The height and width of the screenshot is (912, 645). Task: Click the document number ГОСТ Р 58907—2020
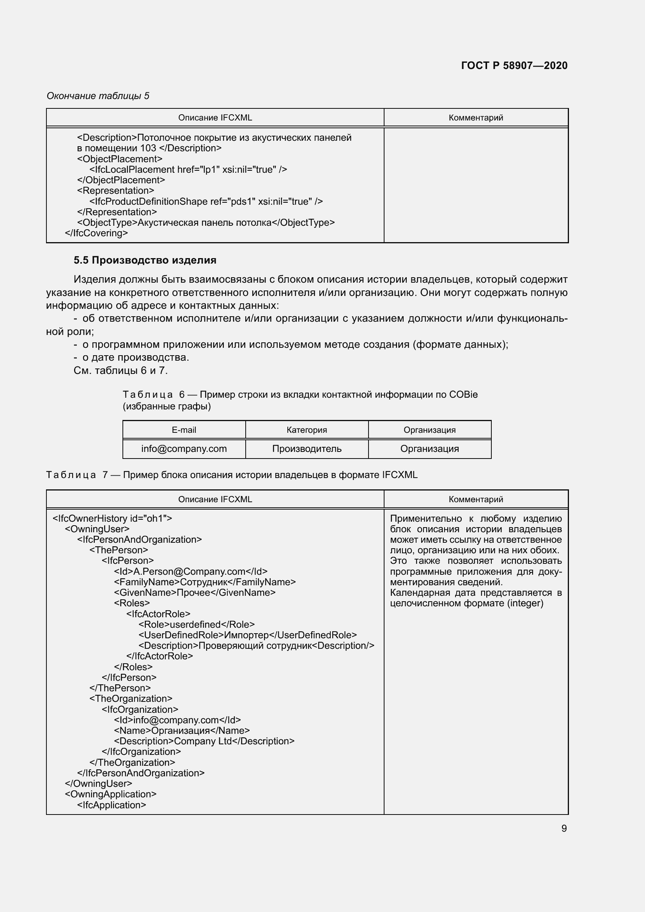coord(514,66)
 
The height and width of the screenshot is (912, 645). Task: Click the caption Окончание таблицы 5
coord(98,96)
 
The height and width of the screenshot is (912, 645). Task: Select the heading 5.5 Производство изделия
coord(145,260)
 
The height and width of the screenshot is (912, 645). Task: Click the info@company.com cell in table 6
coord(184,449)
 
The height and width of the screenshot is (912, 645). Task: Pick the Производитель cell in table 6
coord(307,449)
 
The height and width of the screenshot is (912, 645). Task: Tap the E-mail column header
coord(184,430)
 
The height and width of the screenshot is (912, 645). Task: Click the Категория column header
coord(307,430)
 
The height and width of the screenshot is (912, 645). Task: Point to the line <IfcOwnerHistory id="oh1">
coord(112,518)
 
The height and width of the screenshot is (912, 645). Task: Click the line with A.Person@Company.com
coord(191,572)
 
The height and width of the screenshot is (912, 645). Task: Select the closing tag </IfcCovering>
coord(96,233)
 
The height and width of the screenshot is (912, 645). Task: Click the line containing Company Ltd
coord(204,741)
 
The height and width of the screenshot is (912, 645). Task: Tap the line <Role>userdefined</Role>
coord(197,624)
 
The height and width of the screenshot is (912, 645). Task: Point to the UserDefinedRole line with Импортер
coord(248,635)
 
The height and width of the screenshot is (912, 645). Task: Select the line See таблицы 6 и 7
coord(121,370)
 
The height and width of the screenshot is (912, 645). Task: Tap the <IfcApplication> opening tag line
coord(112,805)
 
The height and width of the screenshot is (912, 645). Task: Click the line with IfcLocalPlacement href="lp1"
coord(188,170)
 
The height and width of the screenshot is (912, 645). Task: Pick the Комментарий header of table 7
coord(476,499)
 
